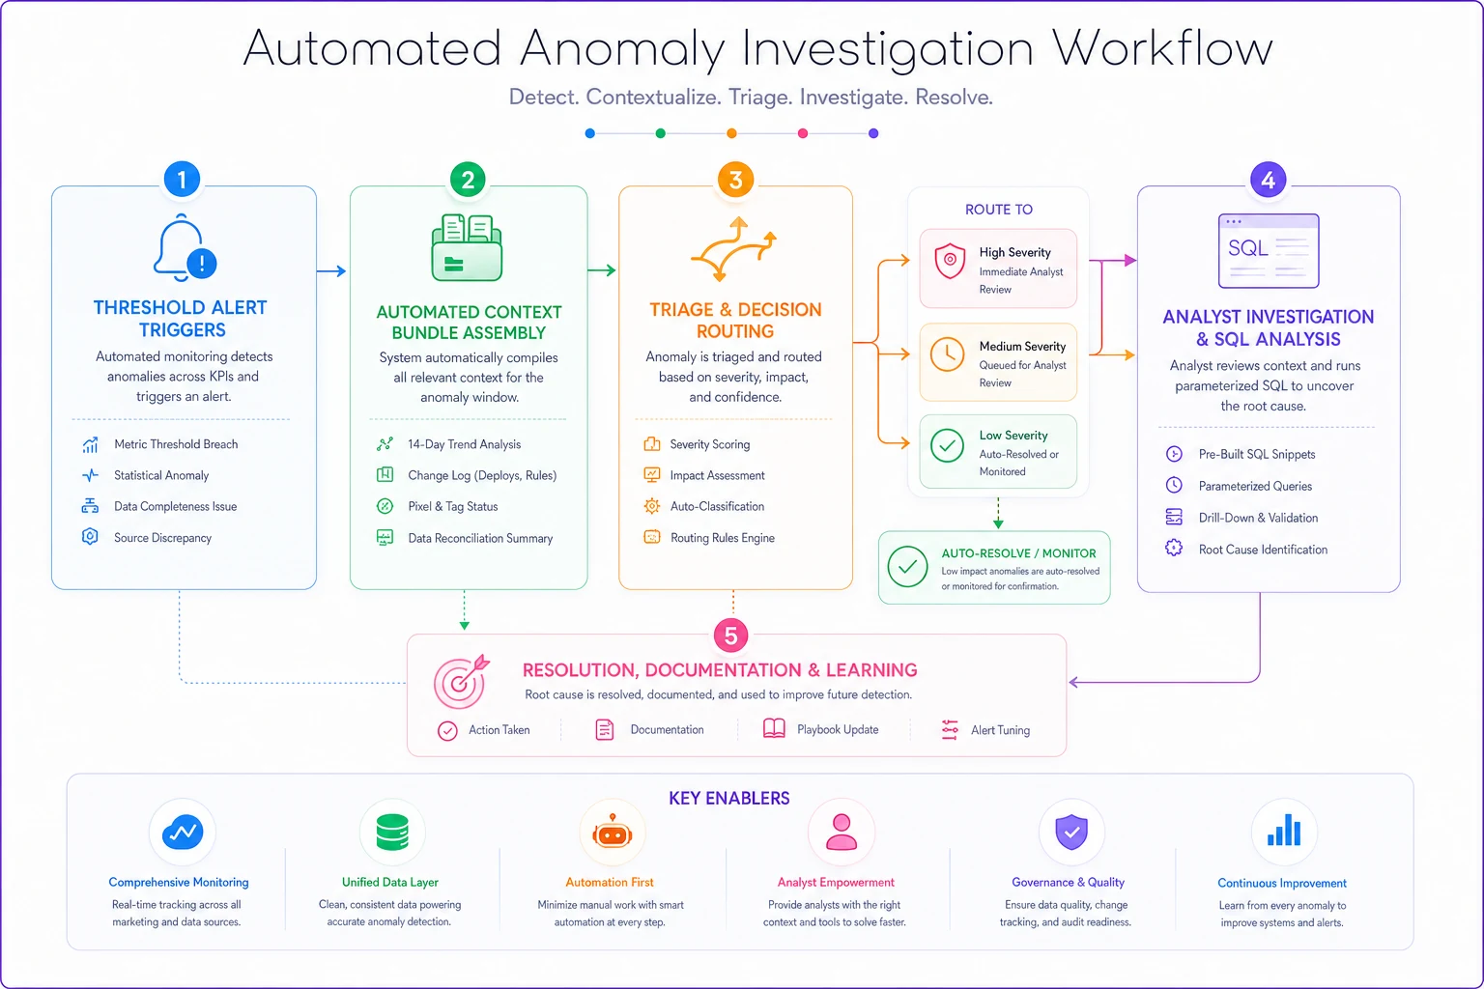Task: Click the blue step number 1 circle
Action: point(183,179)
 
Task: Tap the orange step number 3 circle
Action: point(735,180)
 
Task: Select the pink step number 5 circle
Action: point(730,636)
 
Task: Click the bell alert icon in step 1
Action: point(185,247)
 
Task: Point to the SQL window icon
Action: point(1269,250)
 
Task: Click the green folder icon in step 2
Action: point(467,248)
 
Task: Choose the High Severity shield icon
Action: point(950,261)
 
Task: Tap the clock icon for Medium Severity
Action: point(948,354)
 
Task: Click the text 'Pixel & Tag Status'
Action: point(452,506)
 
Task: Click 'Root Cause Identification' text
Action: point(1263,550)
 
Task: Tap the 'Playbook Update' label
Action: point(838,729)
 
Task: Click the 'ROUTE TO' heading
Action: point(998,210)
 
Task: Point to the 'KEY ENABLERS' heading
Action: point(728,798)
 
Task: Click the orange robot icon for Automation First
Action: point(612,832)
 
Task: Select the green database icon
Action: point(392,832)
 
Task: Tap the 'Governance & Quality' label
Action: point(1068,882)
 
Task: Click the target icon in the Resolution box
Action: point(461,682)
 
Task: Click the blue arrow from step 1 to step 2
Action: point(331,271)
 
